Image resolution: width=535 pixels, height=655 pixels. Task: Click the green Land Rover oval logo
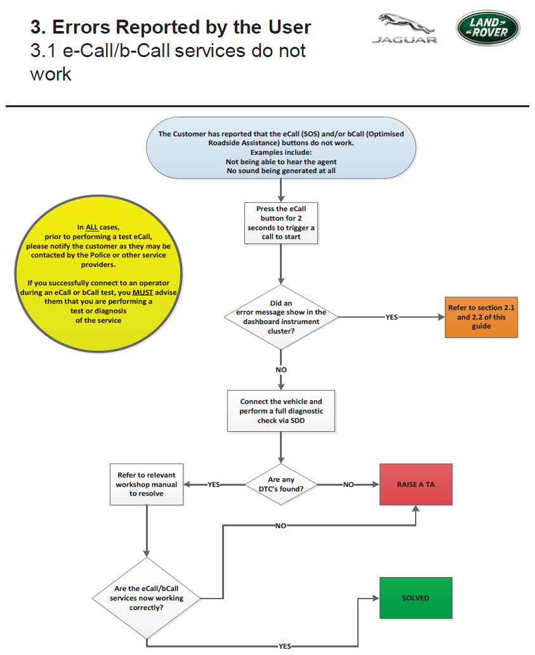488,28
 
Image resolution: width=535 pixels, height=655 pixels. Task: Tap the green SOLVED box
416,598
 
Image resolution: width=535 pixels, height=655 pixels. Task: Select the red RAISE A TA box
416,484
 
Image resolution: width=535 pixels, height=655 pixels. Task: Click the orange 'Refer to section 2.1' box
481,317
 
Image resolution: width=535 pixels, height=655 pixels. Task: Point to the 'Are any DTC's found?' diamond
281,484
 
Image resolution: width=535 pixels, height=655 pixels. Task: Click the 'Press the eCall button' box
281,223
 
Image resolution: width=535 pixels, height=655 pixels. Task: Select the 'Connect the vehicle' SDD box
281,411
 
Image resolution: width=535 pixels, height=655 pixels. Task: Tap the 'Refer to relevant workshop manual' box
147,484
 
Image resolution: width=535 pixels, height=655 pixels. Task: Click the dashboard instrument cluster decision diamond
281,317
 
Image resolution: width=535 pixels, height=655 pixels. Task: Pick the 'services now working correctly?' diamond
147,598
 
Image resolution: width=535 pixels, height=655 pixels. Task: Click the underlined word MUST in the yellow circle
143,292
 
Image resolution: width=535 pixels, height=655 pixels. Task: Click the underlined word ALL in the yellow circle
91,227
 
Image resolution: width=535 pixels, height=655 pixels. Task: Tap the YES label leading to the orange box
392,317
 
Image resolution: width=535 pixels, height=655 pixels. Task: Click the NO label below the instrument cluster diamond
281,370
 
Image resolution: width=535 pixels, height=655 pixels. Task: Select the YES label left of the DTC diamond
214,484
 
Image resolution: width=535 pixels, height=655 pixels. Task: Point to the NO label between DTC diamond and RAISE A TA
348,484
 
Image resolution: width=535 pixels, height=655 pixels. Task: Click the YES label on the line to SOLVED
285,646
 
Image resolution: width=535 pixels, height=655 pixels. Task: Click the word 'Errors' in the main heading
81,27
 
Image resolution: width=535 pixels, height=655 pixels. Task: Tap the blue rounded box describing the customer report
281,148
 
